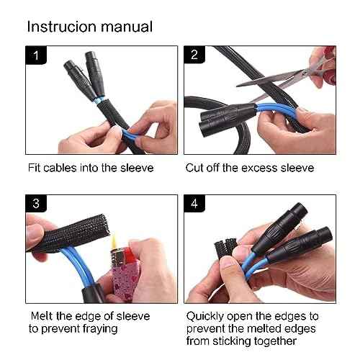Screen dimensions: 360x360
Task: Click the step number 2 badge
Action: coord(193,55)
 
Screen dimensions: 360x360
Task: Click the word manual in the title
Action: coord(127,27)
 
